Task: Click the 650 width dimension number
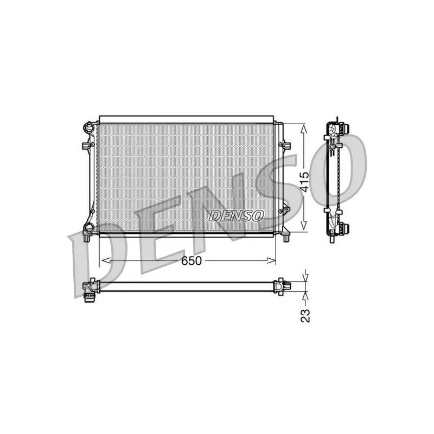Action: (x=192, y=260)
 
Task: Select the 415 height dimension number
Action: (x=304, y=182)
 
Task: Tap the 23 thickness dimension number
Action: (x=305, y=316)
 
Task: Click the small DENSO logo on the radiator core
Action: (x=236, y=215)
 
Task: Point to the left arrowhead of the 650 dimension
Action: (x=106, y=260)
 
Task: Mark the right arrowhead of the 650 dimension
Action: (x=271, y=260)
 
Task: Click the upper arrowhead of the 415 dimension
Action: (x=304, y=129)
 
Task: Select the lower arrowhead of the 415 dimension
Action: (x=304, y=226)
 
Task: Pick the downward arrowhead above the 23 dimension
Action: (x=305, y=278)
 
